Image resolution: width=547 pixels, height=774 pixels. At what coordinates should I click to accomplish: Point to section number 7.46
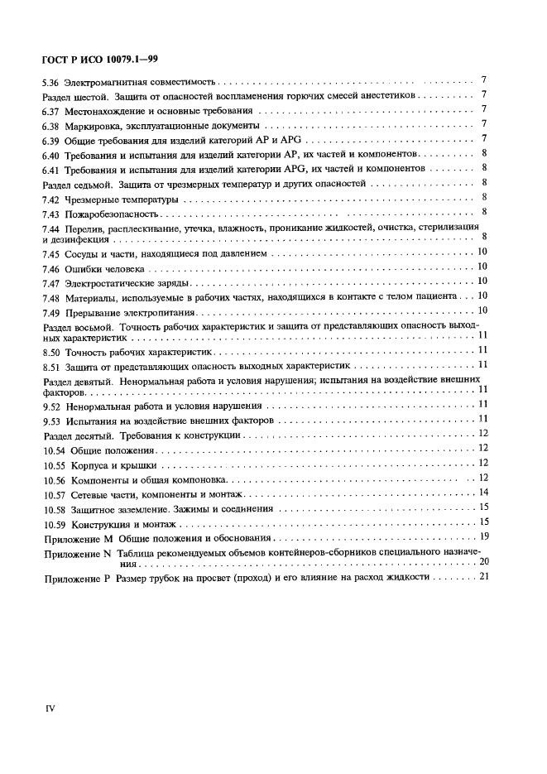(x=50, y=269)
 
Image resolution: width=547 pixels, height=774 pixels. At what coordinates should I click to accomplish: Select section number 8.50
(x=50, y=352)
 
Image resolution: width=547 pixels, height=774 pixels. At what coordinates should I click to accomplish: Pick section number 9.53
(x=50, y=421)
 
